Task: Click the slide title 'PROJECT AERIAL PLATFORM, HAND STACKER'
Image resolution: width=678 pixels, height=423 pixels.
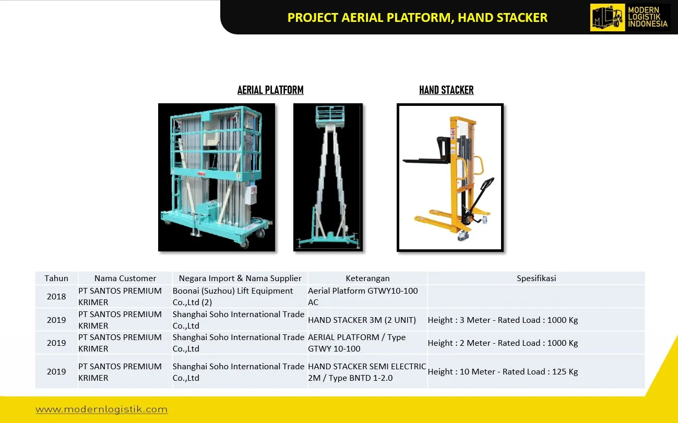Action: click(418, 18)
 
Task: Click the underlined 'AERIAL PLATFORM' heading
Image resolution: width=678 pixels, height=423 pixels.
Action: click(270, 90)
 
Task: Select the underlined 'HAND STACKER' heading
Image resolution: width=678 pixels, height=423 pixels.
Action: click(446, 90)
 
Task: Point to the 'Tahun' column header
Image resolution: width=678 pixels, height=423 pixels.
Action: click(56, 278)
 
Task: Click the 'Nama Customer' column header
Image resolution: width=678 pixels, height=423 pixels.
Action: click(125, 278)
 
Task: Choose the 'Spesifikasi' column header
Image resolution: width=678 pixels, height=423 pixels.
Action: click(536, 278)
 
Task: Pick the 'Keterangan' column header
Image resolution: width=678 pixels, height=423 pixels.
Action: click(367, 278)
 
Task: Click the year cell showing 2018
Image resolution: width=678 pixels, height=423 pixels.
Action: click(56, 296)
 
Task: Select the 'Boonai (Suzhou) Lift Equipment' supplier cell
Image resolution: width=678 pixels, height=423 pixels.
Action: click(233, 296)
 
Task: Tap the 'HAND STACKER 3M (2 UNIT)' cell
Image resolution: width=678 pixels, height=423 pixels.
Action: click(362, 320)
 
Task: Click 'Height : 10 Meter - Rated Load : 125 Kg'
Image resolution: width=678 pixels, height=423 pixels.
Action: click(503, 371)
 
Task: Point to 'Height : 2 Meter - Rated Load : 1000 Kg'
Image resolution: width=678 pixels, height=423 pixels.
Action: click(503, 343)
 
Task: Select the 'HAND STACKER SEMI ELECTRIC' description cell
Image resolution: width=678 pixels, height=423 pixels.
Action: click(367, 372)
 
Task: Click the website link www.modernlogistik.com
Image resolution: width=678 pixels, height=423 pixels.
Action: click(101, 409)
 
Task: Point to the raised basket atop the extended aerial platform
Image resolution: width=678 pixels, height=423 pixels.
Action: click(330, 116)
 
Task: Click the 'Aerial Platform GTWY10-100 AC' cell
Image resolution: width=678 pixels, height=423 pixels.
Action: click(363, 296)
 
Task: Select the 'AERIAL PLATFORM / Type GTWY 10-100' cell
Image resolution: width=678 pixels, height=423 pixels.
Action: click(356, 343)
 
